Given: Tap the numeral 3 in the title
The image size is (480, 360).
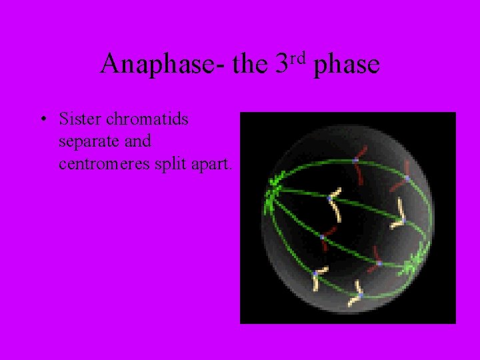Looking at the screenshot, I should pyautogui.click(x=281, y=65).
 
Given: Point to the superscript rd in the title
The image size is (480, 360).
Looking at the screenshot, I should pyautogui.click(x=297, y=58).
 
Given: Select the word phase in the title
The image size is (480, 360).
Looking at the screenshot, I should pyautogui.click(x=346, y=65).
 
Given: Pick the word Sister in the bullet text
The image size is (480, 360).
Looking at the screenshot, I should pyautogui.click(x=79, y=119).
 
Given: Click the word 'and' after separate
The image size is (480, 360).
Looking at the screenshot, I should pyautogui.click(x=137, y=141).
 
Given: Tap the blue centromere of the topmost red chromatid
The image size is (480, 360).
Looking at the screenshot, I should pyautogui.click(x=355, y=160).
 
